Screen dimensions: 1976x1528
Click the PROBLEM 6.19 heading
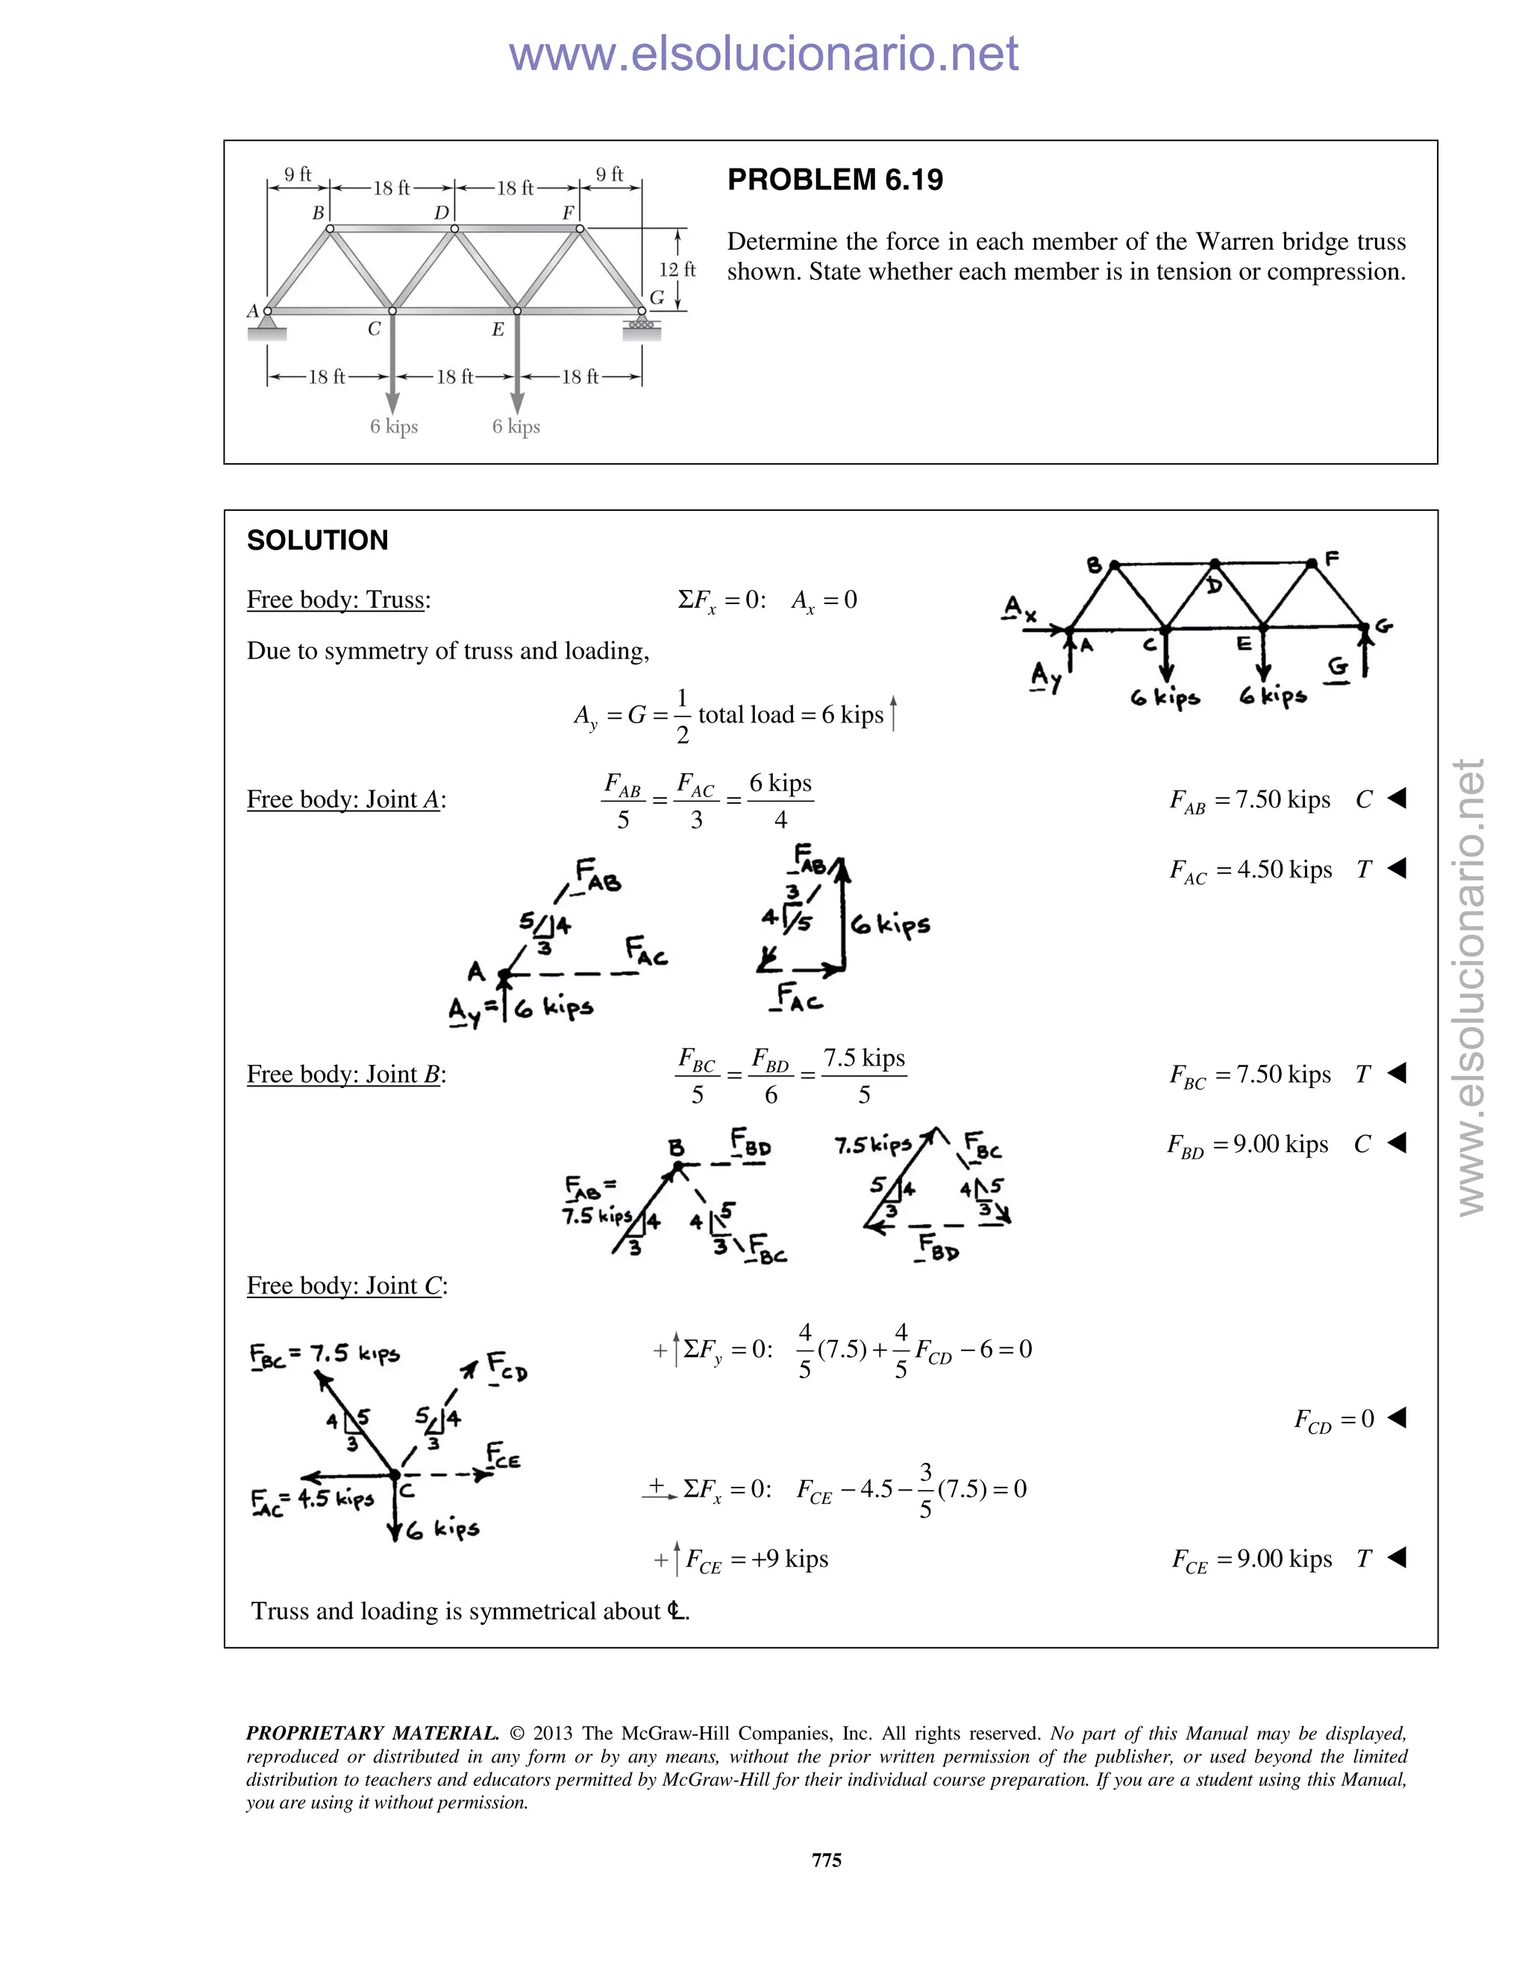835,180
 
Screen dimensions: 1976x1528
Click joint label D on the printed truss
441,213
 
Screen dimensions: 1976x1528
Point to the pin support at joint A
267,324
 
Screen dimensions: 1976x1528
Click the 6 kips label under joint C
394,426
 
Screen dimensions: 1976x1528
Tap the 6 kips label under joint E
516,426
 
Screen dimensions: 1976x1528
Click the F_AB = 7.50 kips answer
1250,800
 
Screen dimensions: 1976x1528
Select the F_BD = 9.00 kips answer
1248,1145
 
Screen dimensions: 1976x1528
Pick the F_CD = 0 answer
1334,1419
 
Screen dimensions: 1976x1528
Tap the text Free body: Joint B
345,1074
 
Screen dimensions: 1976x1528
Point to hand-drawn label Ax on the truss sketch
1019,608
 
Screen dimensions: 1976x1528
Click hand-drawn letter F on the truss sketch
1332,558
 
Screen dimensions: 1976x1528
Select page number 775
827,1859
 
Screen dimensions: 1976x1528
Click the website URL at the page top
763,54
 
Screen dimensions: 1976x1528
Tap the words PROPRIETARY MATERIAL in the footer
372,1733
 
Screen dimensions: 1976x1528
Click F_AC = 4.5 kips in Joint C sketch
313,1500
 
